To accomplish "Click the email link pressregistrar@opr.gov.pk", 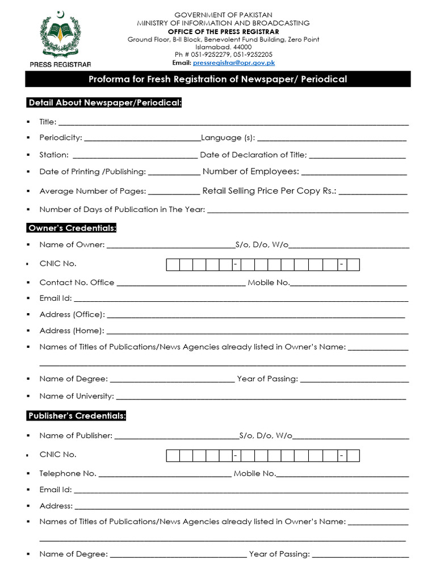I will click(233, 63).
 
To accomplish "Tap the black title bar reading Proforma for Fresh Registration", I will click(217, 79).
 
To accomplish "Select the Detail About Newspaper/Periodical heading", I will click(104, 103).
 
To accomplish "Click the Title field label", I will click(47, 122).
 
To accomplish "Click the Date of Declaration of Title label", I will click(253, 155).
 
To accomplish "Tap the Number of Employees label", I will click(250, 172).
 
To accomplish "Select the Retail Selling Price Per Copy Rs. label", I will click(269, 191).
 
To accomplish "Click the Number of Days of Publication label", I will click(121, 210).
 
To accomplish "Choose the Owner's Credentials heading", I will click(72, 228).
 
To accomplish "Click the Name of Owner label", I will click(72, 245).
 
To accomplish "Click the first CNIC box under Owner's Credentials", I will click(173, 264).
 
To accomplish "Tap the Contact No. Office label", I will click(77, 282).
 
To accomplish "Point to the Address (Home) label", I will click(72, 331).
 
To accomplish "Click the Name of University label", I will click(77, 396).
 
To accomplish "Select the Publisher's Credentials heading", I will click(77, 416).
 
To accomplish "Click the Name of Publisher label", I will click(76, 436).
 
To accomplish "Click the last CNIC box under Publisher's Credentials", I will click(353, 455).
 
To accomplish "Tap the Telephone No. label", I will click(68, 473).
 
